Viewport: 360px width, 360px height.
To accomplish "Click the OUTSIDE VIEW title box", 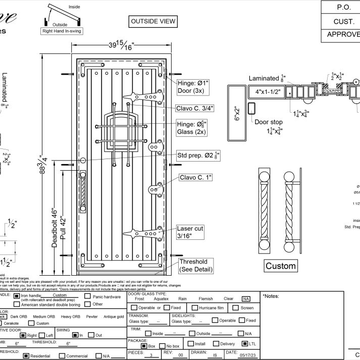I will (153, 21).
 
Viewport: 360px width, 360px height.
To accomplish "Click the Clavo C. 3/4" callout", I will (194, 108).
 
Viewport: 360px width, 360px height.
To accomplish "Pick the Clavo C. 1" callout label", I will (196, 177).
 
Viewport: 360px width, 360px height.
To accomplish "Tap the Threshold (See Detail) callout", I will (193, 266).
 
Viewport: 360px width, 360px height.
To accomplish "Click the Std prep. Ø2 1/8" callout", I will (198, 155).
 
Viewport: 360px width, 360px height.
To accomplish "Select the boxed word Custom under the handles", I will (281, 266).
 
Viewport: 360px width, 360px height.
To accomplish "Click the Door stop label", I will (268, 122).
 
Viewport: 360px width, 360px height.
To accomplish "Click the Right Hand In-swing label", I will (61, 31).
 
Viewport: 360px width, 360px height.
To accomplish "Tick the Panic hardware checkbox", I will (87, 297).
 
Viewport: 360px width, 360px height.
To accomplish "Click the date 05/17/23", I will (247, 355).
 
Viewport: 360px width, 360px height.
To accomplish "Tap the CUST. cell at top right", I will (340, 22).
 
